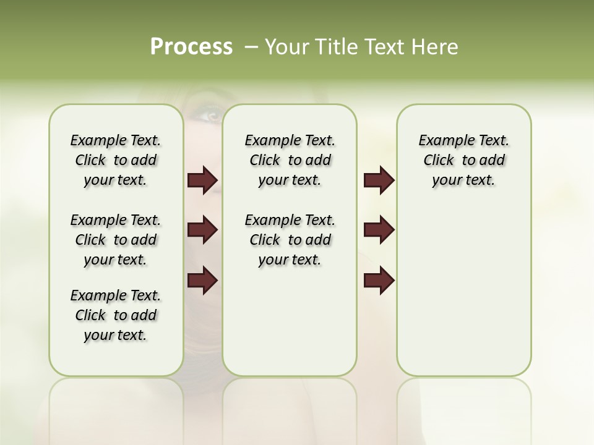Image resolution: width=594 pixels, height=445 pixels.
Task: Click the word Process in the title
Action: click(191, 47)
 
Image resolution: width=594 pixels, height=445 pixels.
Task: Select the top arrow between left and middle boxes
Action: click(202, 180)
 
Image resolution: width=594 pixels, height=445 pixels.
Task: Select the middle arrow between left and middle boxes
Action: click(202, 231)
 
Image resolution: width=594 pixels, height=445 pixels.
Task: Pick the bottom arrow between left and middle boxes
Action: click(202, 281)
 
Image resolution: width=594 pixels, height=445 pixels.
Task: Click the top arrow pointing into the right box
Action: click(379, 180)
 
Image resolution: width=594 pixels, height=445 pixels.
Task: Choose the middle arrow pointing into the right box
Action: click(379, 231)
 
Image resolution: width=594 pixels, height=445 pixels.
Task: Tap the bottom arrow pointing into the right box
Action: click(379, 281)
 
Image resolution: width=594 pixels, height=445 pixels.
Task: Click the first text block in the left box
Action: click(116, 160)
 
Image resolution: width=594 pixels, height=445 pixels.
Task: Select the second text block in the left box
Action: click(116, 240)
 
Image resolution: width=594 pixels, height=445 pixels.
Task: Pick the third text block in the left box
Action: click(116, 315)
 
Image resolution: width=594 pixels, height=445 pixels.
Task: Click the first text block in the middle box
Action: click(290, 160)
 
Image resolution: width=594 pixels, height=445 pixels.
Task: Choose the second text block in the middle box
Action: click(290, 240)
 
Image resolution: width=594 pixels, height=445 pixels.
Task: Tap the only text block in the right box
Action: click(463, 160)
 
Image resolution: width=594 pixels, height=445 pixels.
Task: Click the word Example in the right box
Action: click(442, 141)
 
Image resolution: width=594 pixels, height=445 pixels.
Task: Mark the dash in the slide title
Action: click(252, 47)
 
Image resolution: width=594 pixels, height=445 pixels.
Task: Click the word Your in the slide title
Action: click(286, 47)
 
